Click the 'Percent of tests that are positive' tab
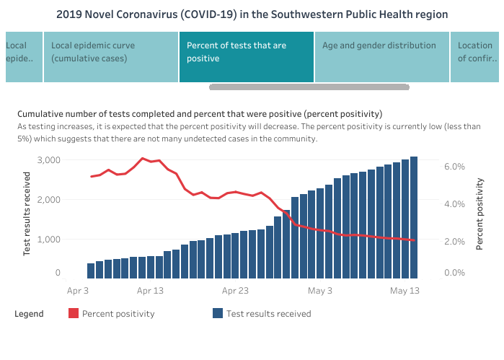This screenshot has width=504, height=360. click(247, 56)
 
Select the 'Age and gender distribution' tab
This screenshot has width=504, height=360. click(381, 56)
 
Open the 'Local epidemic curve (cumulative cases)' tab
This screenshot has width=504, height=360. click(111, 56)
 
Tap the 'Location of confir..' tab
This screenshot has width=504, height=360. click(474, 56)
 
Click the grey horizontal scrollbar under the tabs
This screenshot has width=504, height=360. click(309, 87)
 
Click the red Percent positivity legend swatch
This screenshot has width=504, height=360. click(74, 314)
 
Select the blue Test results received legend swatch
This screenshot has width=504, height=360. click(217, 314)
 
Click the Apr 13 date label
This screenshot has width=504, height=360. click(149, 291)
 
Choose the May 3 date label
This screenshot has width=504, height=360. click(320, 291)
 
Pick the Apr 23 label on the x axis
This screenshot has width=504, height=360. click(235, 291)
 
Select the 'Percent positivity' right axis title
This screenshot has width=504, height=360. click(479, 214)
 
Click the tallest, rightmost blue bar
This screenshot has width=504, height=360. click(414, 216)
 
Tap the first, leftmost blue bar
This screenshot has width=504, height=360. click(91, 271)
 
